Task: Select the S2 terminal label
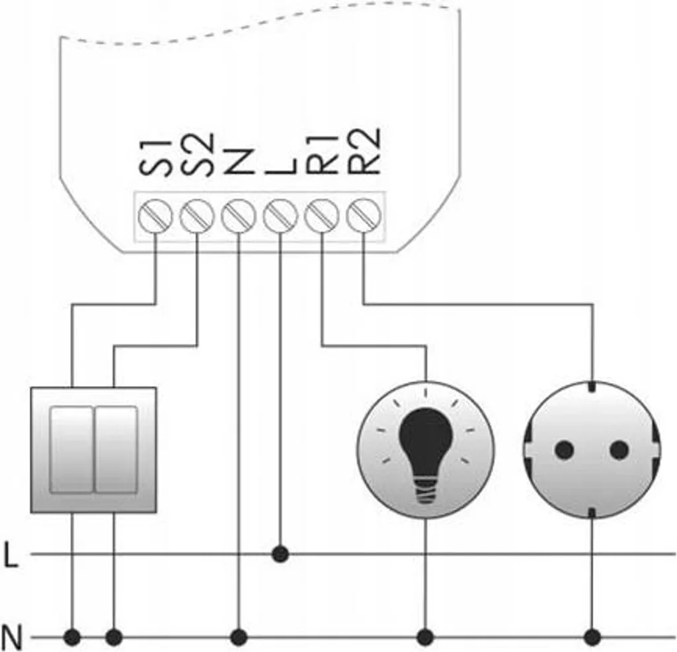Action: click(197, 154)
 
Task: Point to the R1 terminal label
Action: click(322, 154)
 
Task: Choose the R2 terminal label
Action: click(364, 151)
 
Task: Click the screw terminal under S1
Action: click(155, 216)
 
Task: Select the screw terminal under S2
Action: click(197, 216)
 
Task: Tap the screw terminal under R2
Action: click(364, 216)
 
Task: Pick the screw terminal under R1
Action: click(322, 216)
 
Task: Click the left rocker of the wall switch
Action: click(71, 450)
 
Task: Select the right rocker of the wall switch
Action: click(116, 450)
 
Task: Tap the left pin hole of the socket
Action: click(564, 450)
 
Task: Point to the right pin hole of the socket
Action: click(619, 450)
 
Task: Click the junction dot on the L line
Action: click(280, 554)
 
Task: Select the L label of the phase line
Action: click(11, 555)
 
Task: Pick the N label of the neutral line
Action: click(12, 637)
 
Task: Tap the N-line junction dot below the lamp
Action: click(425, 637)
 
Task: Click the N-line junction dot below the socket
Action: click(592, 637)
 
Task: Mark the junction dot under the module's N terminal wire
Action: click(239, 637)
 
